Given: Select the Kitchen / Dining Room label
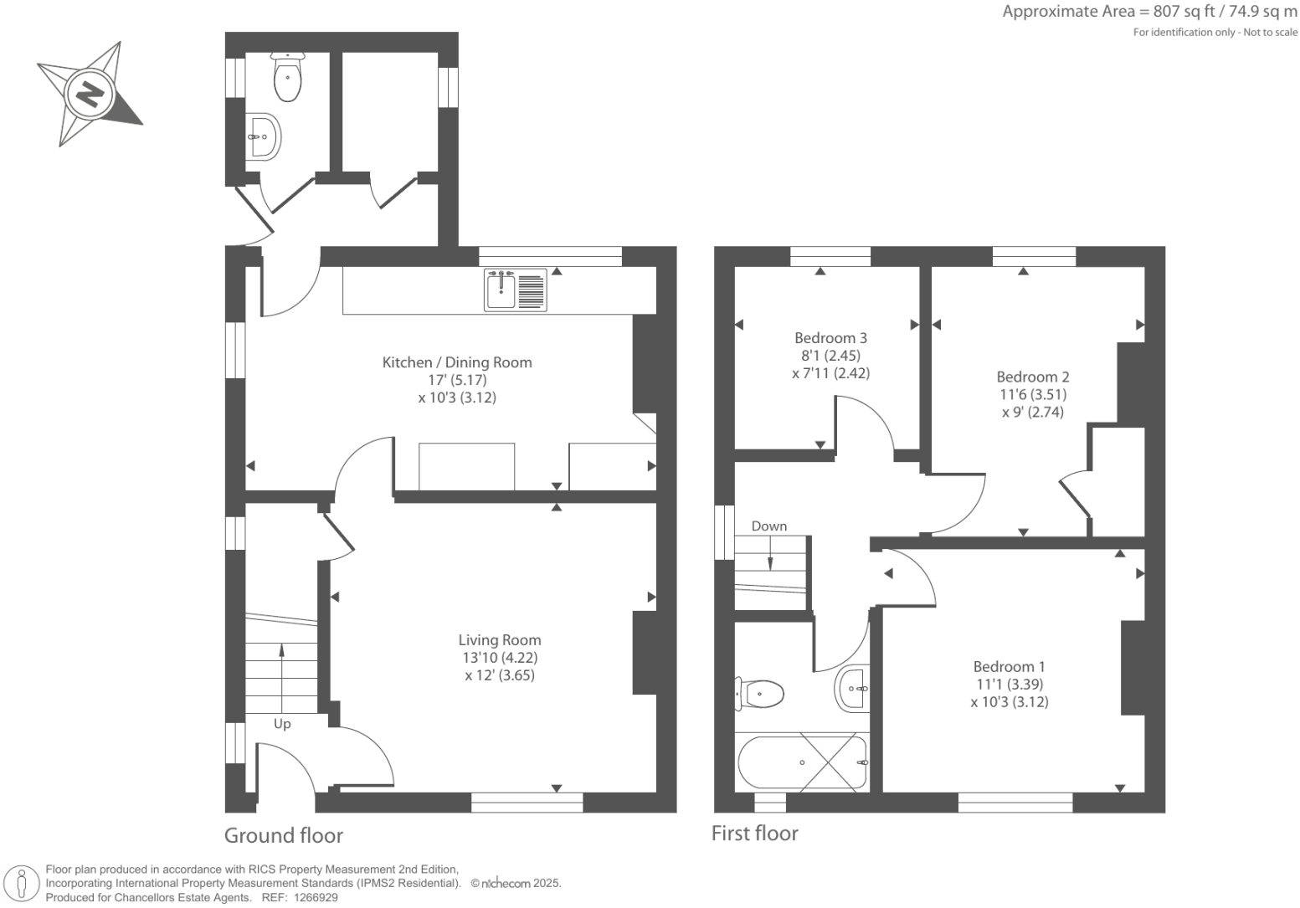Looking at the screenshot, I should pyautogui.click(x=457, y=362).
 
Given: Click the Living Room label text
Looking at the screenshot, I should pyautogui.click(x=500, y=640).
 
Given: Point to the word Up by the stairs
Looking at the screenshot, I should pyautogui.click(x=282, y=723).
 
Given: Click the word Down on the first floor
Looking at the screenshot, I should pyautogui.click(x=768, y=526).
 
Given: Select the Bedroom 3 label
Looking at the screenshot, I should pyautogui.click(x=830, y=338).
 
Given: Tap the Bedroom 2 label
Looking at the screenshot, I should pyautogui.click(x=1032, y=377).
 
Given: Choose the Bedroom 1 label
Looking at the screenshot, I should pyautogui.click(x=1009, y=667).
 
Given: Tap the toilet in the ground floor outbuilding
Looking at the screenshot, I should pyautogui.click(x=287, y=78).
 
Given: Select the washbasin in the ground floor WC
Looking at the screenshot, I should pyautogui.click(x=262, y=136).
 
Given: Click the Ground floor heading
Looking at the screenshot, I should pyautogui.click(x=284, y=835).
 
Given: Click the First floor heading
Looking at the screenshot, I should pyautogui.click(x=754, y=833).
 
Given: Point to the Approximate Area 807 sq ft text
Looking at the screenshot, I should pyautogui.click(x=1149, y=12).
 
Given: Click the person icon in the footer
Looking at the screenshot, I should pyautogui.click(x=23, y=884).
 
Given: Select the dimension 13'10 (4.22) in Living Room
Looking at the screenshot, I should pyautogui.click(x=500, y=658).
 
